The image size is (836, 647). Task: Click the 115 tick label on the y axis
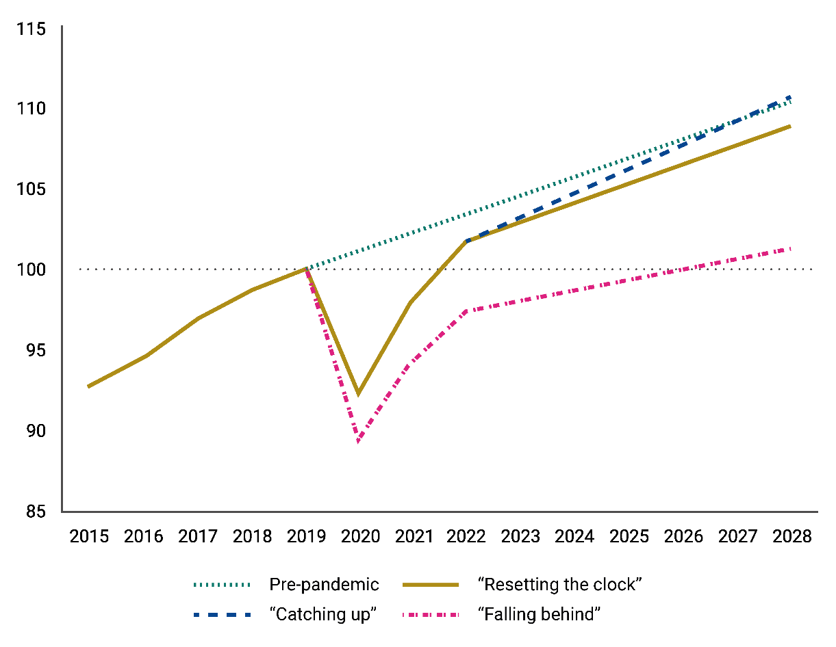pos(31,29)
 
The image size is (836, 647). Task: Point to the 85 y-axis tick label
pos(36,512)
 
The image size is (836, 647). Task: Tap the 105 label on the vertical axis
pos(31,189)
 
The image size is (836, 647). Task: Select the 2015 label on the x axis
pos(89,536)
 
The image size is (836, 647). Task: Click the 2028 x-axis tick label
pos(791,536)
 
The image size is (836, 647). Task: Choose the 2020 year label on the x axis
pos(360,536)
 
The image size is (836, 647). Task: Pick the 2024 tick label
pos(574,536)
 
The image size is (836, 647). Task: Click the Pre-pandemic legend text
pos(324,584)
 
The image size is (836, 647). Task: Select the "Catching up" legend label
pos(322,614)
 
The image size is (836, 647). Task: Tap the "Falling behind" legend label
pos(539,614)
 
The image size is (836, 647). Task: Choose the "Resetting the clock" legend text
pos(559,584)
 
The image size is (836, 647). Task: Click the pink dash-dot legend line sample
pos(431,615)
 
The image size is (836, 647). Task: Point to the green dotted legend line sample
pos(222,585)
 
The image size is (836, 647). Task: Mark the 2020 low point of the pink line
pos(359,442)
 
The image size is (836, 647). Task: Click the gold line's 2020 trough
pos(359,393)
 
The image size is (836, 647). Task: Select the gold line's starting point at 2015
pos(88,386)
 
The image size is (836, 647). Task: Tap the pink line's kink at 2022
pos(466,311)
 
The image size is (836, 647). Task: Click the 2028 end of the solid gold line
pos(791,126)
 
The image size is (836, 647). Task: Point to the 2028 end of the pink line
pos(791,249)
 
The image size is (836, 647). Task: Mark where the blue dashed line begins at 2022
pos(467,241)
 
